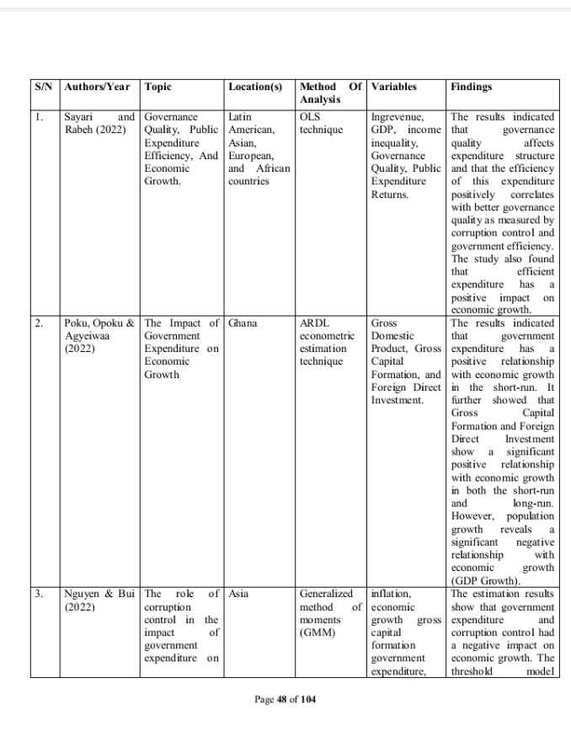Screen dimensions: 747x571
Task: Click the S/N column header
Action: point(44,87)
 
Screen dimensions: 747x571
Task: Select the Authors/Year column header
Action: point(96,87)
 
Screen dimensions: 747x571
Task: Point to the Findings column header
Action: point(472,87)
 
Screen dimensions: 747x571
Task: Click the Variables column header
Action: point(393,87)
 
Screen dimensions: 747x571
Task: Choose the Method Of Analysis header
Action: point(330,93)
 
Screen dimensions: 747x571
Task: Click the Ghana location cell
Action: point(243,323)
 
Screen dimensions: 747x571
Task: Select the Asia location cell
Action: point(238,594)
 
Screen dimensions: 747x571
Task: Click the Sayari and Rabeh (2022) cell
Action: point(99,123)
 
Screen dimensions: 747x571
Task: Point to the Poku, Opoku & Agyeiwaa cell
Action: point(99,336)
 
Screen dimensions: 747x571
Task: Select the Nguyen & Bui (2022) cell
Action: point(99,600)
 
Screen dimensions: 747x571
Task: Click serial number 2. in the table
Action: point(40,323)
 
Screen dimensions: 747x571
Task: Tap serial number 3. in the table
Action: point(40,594)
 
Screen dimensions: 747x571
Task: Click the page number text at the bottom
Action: point(285,699)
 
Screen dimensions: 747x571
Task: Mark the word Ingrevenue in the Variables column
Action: point(397,117)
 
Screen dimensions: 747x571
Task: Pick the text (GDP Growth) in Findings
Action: point(486,580)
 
